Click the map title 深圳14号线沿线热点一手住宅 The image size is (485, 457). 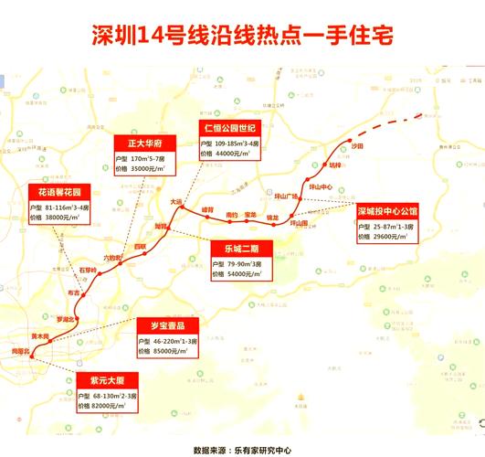coord(242,35)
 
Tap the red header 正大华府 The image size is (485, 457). coord(138,143)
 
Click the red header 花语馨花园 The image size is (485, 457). coord(58,194)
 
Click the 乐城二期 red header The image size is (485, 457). coord(235,247)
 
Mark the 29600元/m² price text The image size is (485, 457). coord(392,235)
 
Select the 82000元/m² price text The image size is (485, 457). coord(97,405)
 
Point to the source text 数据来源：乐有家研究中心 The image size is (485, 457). coord(242,449)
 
